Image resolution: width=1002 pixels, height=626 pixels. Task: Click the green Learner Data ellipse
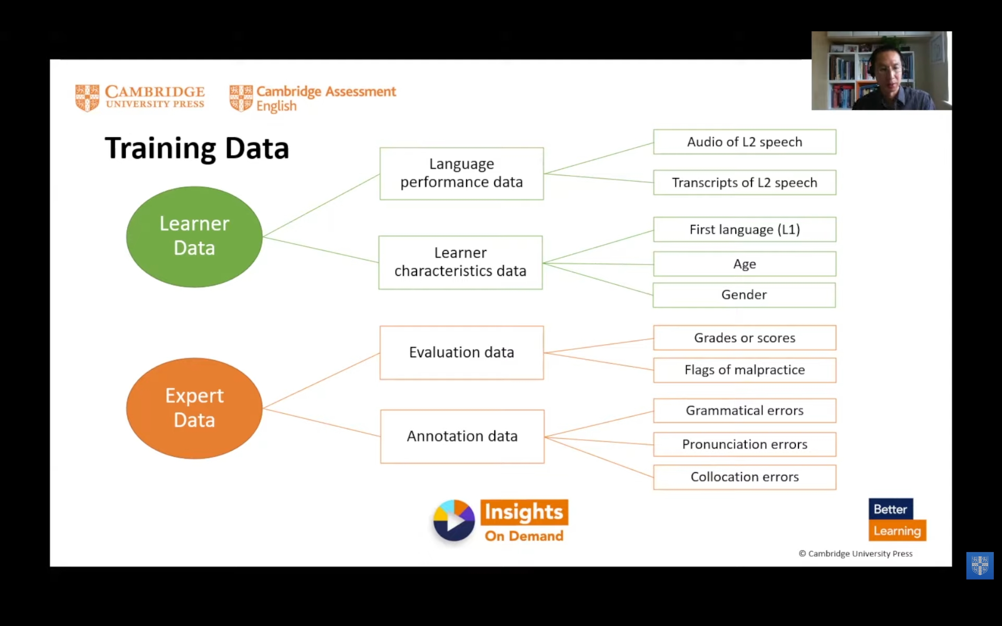click(x=194, y=236)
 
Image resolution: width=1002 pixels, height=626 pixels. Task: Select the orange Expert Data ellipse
click(x=194, y=408)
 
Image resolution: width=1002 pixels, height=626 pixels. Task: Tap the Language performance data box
click(x=461, y=173)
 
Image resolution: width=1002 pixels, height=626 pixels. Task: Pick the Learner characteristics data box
click(x=460, y=262)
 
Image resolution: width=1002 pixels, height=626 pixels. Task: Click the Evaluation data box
click(x=461, y=353)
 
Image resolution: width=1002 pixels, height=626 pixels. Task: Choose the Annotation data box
click(x=462, y=436)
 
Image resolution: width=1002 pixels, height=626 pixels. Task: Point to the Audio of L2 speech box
click(x=744, y=142)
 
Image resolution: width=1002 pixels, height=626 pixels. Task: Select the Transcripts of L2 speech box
click(x=744, y=183)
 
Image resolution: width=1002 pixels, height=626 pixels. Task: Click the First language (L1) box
click(x=744, y=229)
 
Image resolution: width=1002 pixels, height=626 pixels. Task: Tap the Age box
click(x=744, y=264)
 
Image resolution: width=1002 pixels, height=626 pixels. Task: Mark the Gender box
click(x=744, y=295)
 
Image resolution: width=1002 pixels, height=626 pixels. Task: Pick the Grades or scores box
click(x=744, y=338)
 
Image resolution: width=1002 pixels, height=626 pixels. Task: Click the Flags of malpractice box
click(x=744, y=370)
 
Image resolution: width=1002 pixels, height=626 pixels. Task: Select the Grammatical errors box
click(x=744, y=410)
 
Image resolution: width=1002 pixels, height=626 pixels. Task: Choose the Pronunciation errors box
click(x=744, y=444)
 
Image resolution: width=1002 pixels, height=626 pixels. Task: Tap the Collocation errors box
click(x=744, y=477)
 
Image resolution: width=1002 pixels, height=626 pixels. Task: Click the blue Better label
click(x=890, y=509)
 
